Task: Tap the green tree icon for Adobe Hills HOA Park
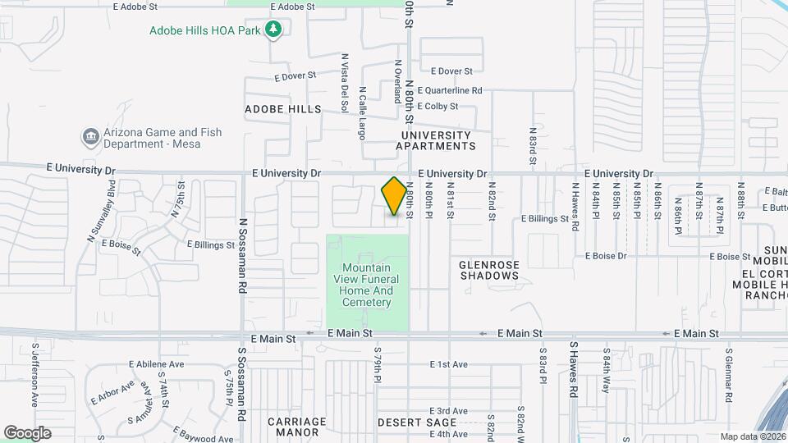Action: point(274,30)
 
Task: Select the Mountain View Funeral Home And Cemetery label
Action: point(367,285)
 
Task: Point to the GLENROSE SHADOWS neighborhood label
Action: point(489,270)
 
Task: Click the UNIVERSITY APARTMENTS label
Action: point(435,140)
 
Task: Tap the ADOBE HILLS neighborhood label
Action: point(283,108)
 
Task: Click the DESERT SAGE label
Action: point(410,422)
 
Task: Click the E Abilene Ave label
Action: point(157,364)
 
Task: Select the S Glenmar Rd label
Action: point(727,371)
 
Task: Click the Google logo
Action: point(26,432)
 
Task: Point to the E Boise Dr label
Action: point(605,256)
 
